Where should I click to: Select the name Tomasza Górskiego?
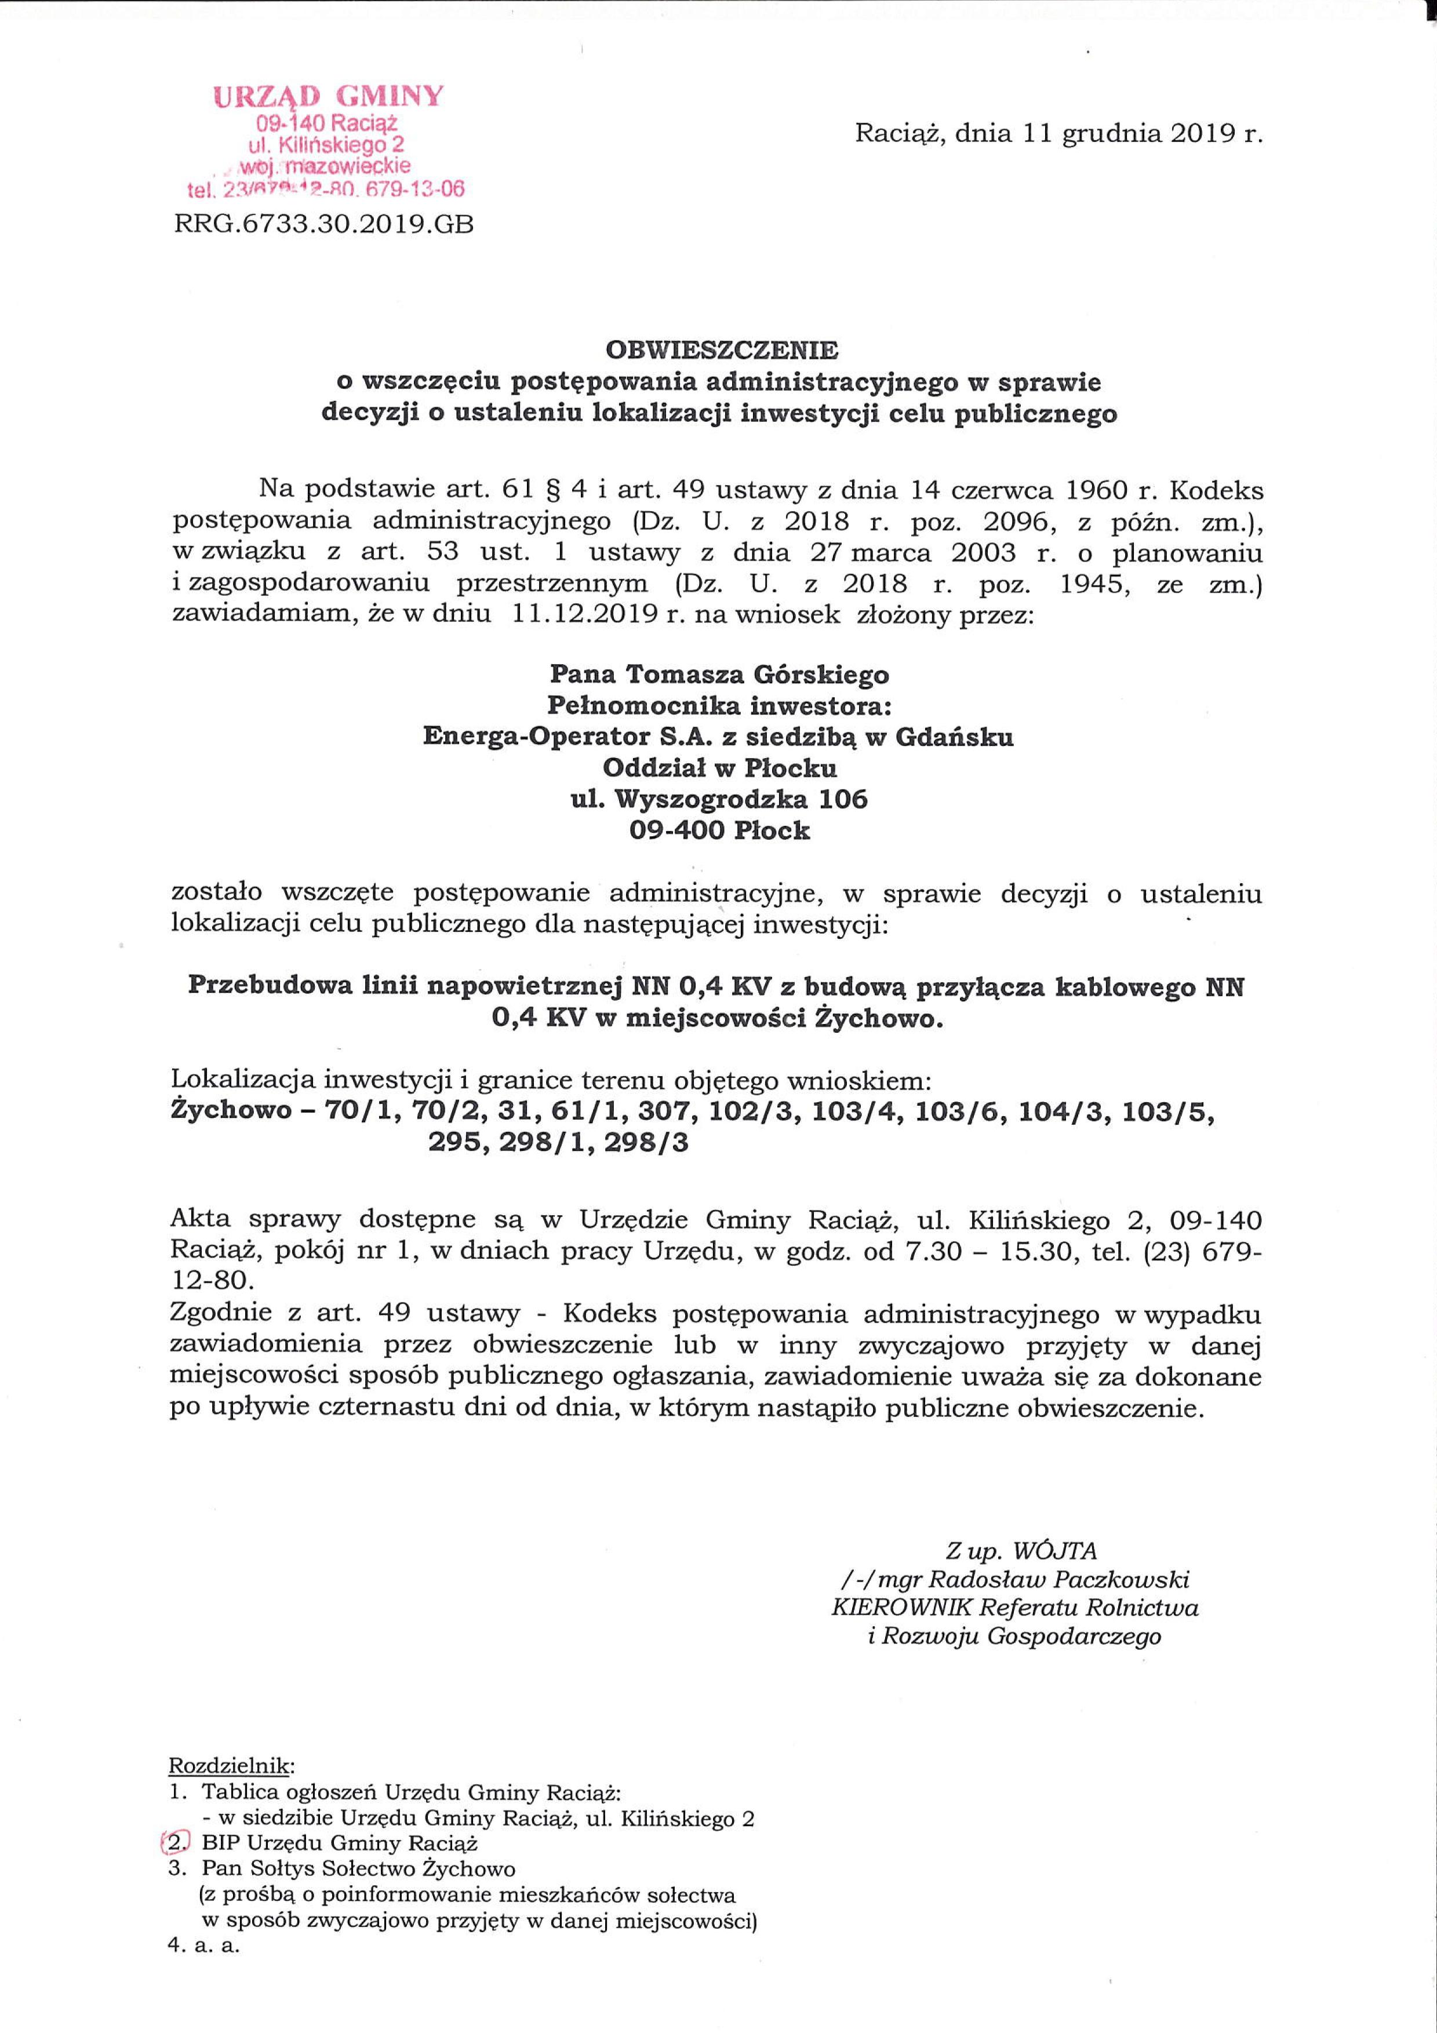tap(757, 675)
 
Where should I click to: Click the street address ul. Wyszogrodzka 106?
tap(719, 800)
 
